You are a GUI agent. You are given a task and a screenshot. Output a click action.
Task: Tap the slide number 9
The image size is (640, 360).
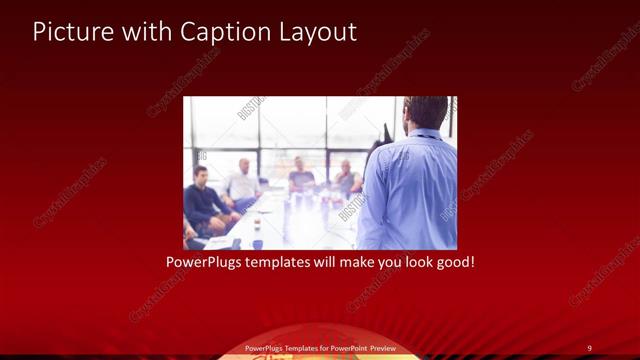[x=589, y=347]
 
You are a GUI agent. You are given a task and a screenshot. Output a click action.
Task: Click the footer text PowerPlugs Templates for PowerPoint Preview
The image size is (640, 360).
[x=319, y=347]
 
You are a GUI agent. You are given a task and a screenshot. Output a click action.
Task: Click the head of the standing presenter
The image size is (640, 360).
[x=427, y=112]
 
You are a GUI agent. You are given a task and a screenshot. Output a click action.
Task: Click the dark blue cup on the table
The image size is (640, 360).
[x=257, y=242]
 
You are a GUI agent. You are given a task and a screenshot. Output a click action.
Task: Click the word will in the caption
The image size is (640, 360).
[x=322, y=263]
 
